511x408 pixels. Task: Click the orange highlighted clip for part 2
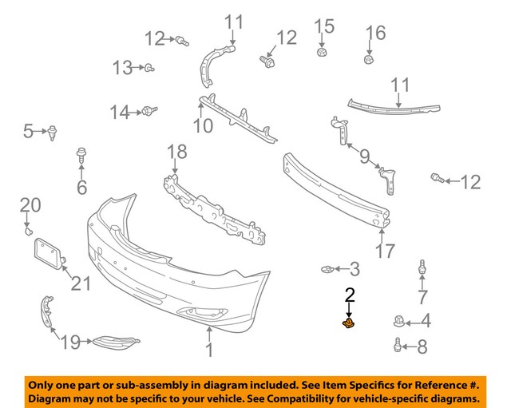click(348, 323)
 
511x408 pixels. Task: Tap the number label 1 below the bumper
click(208, 349)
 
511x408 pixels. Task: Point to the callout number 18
click(176, 152)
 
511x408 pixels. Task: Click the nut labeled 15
click(322, 52)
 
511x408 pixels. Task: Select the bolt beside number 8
click(397, 345)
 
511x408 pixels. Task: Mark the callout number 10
click(202, 125)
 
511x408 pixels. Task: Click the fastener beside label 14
click(150, 111)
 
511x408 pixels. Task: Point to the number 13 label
click(122, 68)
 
